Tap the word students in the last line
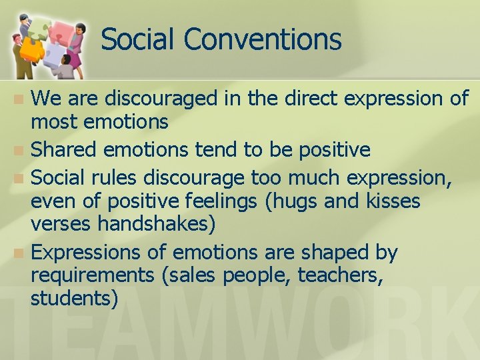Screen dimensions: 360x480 74,298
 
